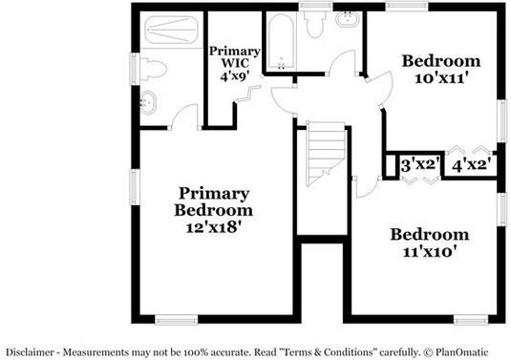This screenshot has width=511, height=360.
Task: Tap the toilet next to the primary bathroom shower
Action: (x=150, y=68)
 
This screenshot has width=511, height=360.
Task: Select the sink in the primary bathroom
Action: (x=148, y=102)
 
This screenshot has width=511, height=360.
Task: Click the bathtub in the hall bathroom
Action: (x=281, y=43)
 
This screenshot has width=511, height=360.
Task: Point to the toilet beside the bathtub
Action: (x=316, y=26)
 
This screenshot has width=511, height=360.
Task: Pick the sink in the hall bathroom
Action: (x=348, y=19)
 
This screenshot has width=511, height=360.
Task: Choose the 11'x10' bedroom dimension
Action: (x=428, y=252)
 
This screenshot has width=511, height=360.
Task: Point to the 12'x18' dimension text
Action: (x=213, y=227)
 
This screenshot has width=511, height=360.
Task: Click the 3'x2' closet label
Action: (x=419, y=164)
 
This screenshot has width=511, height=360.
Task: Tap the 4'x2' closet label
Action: (x=472, y=164)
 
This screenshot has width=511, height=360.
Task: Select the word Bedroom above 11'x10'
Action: (x=429, y=235)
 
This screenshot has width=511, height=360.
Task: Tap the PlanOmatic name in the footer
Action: (x=470, y=350)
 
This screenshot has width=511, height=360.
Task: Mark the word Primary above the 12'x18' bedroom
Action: (x=213, y=193)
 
